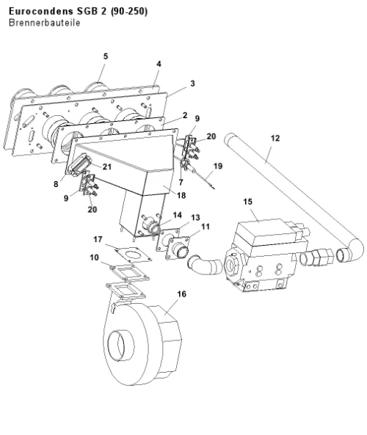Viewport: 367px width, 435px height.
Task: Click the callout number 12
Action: click(275, 138)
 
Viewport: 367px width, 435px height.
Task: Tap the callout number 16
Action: click(181, 294)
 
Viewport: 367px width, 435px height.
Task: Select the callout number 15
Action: click(248, 202)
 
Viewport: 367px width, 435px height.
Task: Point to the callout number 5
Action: click(106, 56)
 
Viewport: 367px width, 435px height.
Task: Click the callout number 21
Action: click(107, 167)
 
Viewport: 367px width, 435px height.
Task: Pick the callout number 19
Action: click(218, 166)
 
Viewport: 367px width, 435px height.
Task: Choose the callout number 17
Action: click(98, 239)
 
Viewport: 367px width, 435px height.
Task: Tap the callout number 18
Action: click(181, 195)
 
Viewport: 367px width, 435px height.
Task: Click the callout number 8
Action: click(56, 184)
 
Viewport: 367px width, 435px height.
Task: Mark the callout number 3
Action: click(192, 83)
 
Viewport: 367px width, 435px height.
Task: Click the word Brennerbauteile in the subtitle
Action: click(45, 23)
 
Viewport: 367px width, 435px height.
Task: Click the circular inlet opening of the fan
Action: click(121, 346)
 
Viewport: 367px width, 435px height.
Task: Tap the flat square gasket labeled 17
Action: click(134, 254)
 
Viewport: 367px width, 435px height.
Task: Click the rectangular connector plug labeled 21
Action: click(80, 165)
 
